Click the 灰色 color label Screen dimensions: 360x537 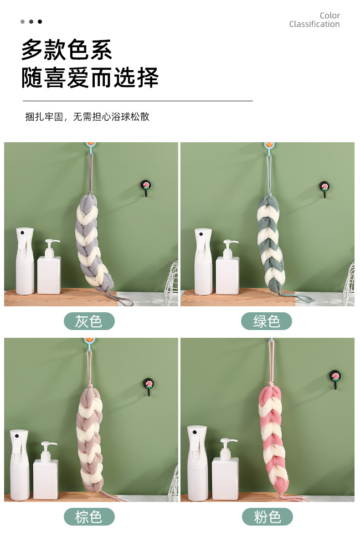coord(89,321)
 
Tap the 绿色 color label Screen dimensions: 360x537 coord(267,321)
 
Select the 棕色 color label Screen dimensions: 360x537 coord(89,517)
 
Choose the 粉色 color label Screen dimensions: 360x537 coord(267,517)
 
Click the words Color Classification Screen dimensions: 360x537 coord(314,20)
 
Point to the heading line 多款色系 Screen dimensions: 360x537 coord(67,50)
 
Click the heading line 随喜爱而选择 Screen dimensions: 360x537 coord(90,77)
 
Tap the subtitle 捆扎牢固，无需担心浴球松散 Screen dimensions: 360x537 coord(87,117)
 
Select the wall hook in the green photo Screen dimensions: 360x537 coord(324,189)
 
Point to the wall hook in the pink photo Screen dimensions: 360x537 coord(335,379)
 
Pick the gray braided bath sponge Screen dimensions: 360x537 coord(93,243)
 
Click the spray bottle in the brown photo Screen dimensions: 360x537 coord(20,465)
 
